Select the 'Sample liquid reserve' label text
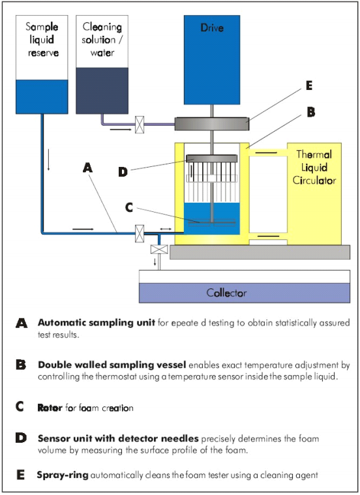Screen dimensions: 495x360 coord(42,39)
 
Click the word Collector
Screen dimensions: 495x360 coord(226,293)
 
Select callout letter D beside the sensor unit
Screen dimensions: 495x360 coord(123,172)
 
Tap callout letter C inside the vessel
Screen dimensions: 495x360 coord(129,207)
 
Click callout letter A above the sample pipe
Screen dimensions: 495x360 coord(89,168)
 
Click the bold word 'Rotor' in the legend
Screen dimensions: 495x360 coord(50,408)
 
